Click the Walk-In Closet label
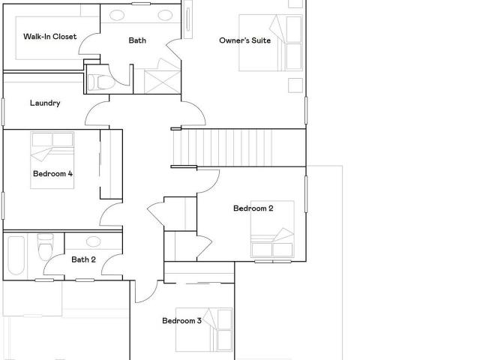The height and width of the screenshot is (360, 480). tap(50, 37)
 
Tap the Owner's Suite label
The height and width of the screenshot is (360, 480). tap(245, 40)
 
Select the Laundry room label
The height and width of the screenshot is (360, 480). tap(45, 103)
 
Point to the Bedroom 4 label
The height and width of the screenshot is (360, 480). tap(52, 173)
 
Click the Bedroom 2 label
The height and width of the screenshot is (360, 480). tap(253, 208)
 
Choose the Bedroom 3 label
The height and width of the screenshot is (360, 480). tap(181, 320)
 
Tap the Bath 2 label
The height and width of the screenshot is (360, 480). tap(83, 259)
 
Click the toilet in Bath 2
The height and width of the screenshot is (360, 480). tap(45, 247)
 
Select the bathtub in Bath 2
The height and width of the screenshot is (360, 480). tap(16, 255)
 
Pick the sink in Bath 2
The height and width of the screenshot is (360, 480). tap(93, 241)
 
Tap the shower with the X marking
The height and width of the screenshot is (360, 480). tap(163, 82)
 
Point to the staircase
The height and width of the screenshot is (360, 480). tap(238, 148)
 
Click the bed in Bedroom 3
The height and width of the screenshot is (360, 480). tap(204, 330)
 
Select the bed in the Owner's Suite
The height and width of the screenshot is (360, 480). tap(271, 43)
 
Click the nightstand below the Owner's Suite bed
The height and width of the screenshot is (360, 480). tap(295, 85)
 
